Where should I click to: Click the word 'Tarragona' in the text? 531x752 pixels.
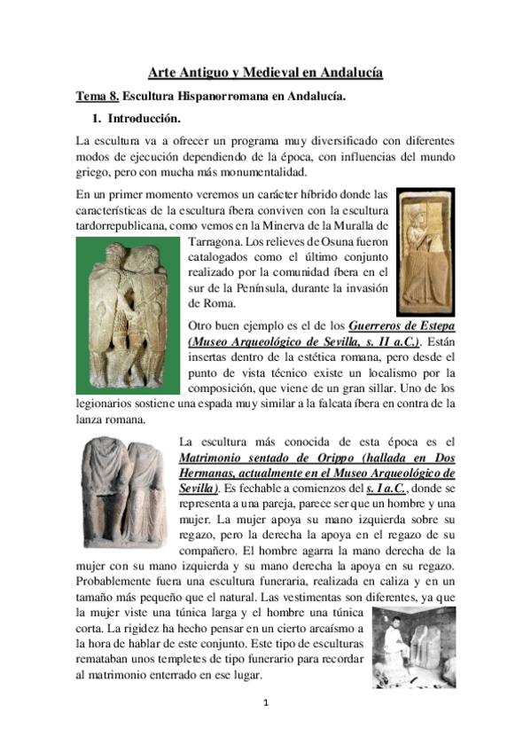[x=214, y=242]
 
